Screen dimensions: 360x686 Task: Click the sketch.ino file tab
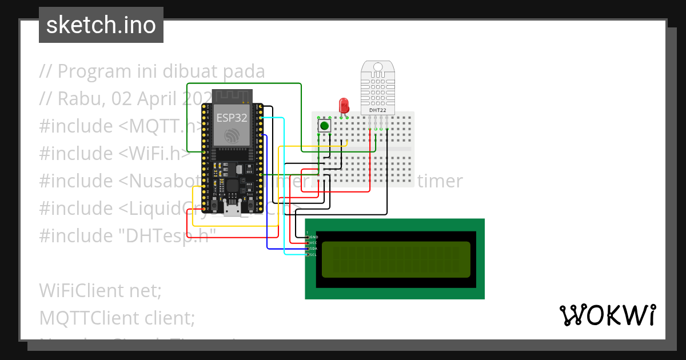coord(101,25)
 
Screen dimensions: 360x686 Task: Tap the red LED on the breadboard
coord(344,105)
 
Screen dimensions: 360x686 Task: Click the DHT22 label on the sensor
coord(377,110)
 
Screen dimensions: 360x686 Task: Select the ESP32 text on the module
coord(232,118)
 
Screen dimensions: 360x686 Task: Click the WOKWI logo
coord(607,315)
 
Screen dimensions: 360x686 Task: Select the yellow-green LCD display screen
coord(396,259)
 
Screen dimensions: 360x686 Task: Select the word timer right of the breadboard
coord(440,181)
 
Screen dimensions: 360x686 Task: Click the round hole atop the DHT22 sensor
coord(377,67)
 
